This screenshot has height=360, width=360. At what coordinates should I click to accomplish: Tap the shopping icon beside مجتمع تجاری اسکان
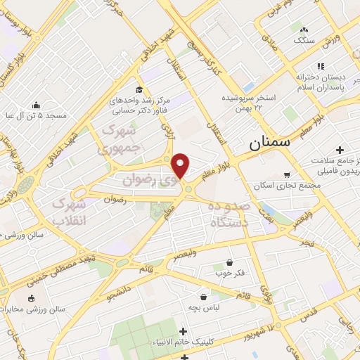(287, 174)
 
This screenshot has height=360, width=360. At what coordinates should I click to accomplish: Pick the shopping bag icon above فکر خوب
(229, 262)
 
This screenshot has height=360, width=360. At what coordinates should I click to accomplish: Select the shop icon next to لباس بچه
(204, 297)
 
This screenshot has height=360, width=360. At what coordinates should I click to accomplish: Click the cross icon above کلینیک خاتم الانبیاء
(184, 331)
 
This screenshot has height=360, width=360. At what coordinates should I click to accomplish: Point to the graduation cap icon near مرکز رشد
(139, 89)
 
